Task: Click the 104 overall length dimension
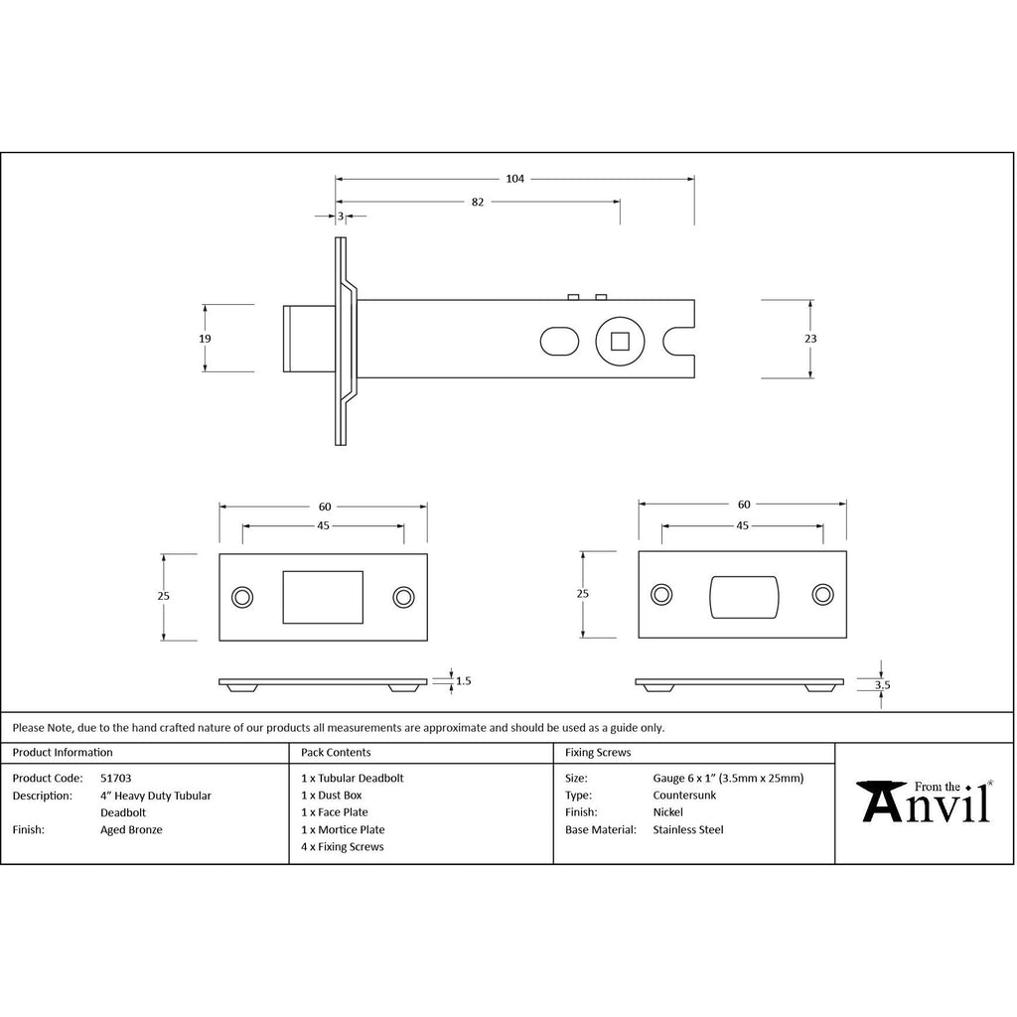pyautogui.click(x=515, y=179)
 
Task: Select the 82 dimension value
pyautogui.click(x=478, y=203)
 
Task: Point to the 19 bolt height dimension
pyautogui.click(x=205, y=339)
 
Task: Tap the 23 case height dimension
pyautogui.click(x=810, y=339)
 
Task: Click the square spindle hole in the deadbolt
pyautogui.click(x=620, y=341)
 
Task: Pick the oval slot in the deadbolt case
pyautogui.click(x=560, y=342)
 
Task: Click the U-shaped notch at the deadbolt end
pyautogui.click(x=678, y=341)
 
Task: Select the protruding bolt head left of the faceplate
pyautogui.click(x=310, y=339)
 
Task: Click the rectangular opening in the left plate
pyautogui.click(x=323, y=597)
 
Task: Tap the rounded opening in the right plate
pyautogui.click(x=744, y=597)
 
